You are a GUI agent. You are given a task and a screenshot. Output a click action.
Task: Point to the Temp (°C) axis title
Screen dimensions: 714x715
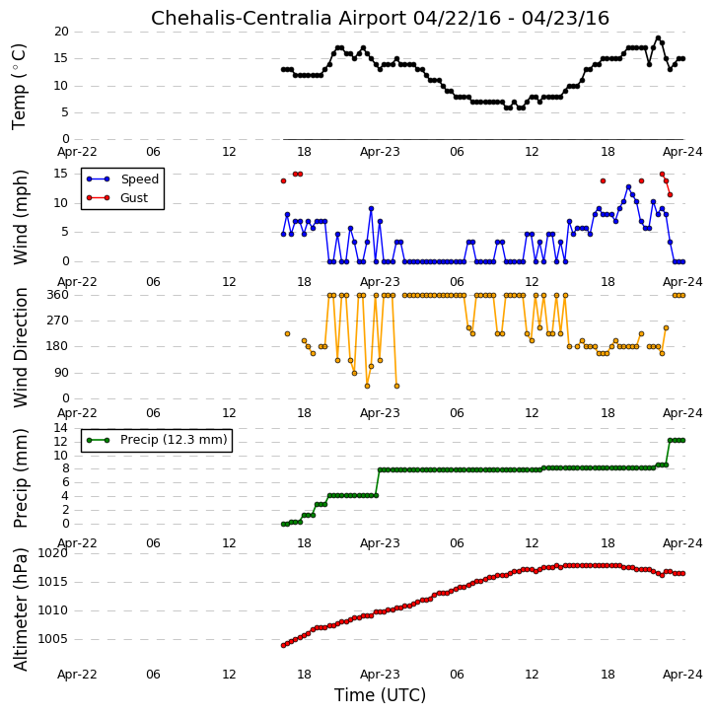coord(19,87)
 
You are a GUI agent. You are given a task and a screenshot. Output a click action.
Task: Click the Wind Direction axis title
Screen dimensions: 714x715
coord(21,347)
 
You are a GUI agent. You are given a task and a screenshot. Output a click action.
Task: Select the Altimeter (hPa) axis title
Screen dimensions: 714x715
coord(21,609)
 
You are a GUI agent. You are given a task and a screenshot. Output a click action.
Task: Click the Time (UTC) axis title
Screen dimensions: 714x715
coord(380,695)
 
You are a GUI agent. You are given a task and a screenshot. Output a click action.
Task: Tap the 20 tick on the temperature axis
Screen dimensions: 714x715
coord(61,32)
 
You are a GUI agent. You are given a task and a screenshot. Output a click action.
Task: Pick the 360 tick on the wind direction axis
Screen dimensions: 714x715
coord(57,295)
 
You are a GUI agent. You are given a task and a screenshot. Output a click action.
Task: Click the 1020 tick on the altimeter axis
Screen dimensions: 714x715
coord(52,553)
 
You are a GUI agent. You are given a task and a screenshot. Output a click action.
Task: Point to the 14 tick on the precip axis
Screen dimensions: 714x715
coord(61,428)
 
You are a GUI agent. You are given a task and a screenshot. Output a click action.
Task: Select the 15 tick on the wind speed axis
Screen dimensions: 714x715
coord(61,174)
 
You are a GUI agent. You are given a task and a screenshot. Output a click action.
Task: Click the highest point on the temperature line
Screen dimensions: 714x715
coord(658,38)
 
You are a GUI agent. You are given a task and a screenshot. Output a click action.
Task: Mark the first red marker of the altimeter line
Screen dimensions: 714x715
coord(284,645)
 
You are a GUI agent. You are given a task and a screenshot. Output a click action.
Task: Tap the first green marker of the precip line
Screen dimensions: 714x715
coord(284,524)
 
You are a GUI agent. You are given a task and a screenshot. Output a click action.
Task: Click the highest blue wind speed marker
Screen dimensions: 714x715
coord(629,187)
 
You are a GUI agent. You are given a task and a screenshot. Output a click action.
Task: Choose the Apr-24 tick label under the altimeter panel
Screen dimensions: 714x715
coord(682,674)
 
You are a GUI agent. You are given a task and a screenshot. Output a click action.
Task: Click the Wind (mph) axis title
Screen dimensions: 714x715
coord(21,217)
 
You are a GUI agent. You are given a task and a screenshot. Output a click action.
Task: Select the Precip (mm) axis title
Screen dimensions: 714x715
coord(21,478)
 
